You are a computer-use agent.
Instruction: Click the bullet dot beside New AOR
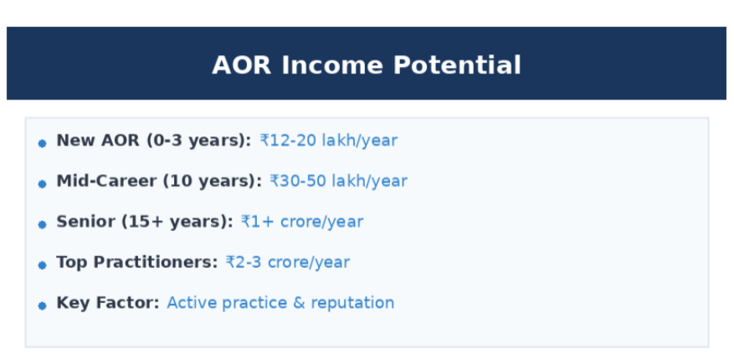[42, 143]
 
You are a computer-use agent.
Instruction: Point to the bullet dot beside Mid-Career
[42, 183]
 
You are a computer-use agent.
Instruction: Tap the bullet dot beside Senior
[42, 224]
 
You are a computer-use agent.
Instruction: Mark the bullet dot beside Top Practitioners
[42, 265]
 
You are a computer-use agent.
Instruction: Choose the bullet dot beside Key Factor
[42, 305]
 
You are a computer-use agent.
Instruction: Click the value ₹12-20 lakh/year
[328, 141]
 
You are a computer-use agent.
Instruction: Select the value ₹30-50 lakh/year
[338, 181]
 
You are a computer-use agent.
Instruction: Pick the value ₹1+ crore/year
[302, 222]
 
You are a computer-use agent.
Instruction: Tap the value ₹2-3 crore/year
[287, 262]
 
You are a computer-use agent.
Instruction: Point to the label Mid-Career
[106, 181]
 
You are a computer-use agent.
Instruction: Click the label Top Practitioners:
[136, 262]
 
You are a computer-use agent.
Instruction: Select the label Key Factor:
[107, 302]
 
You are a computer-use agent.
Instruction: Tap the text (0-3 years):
[198, 141]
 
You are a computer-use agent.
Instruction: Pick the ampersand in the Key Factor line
[300, 302]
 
